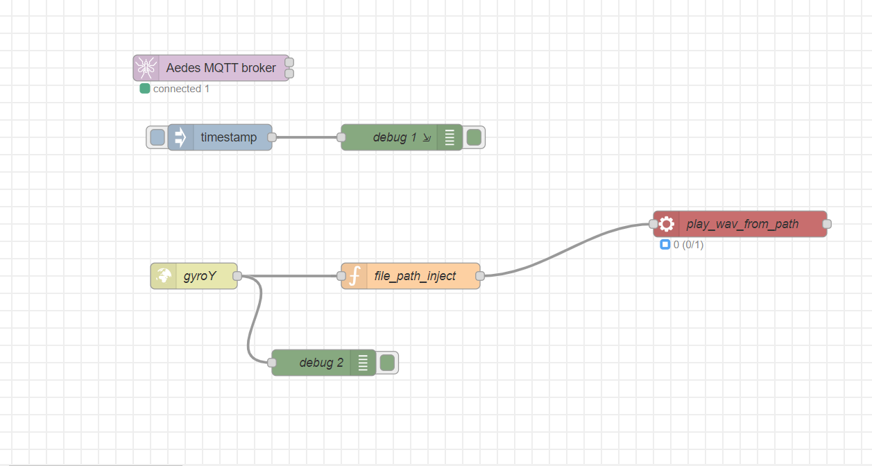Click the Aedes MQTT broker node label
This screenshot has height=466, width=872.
(221, 68)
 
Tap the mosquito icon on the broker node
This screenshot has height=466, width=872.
(146, 68)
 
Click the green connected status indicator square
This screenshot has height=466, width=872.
(145, 89)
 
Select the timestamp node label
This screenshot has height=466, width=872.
(228, 137)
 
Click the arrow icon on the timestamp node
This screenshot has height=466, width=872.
(180, 137)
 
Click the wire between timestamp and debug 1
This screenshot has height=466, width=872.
(307, 137)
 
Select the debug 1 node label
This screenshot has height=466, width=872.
(395, 137)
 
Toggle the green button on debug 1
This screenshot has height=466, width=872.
(474, 137)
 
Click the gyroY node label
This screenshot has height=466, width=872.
(200, 276)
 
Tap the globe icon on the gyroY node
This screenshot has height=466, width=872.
(164, 276)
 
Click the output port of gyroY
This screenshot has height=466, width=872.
(237, 276)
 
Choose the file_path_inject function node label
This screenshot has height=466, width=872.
(415, 276)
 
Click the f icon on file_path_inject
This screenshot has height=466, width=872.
(354, 276)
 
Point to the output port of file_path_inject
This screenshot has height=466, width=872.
(480, 276)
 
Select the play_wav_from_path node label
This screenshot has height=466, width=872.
(742, 224)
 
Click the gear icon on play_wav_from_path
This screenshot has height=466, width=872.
(667, 224)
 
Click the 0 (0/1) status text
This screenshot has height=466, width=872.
(689, 245)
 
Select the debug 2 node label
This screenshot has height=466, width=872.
(321, 363)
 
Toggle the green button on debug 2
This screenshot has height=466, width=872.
(387, 363)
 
